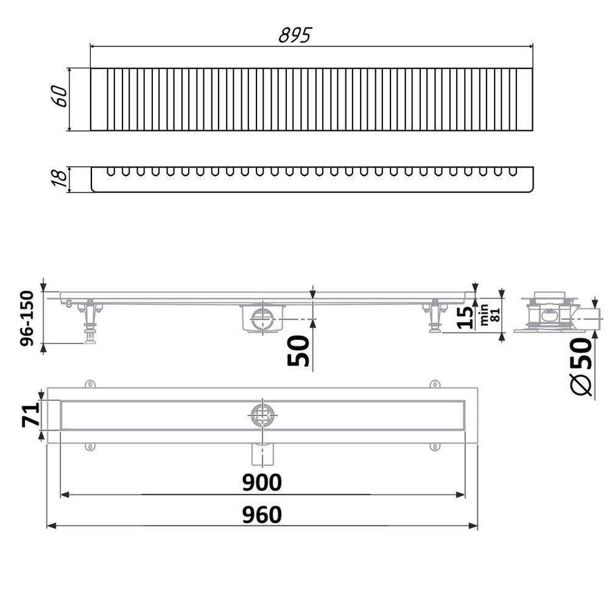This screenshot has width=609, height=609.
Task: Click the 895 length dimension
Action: (x=295, y=36)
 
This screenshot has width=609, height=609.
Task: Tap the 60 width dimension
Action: (x=60, y=96)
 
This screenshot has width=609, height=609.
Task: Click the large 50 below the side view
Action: (x=298, y=351)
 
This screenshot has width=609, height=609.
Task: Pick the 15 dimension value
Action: (x=464, y=317)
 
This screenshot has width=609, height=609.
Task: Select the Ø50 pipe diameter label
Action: (x=582, y=368)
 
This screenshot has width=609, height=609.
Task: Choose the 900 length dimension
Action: (x=262, y=482)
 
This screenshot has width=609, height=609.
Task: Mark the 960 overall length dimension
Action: (x=262, y=515)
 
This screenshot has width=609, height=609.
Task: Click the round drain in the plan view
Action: (x=263, y=415)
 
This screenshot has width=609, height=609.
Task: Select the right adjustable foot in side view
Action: (x=434, y=317)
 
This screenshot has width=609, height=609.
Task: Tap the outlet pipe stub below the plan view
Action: (x=263, y=454)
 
